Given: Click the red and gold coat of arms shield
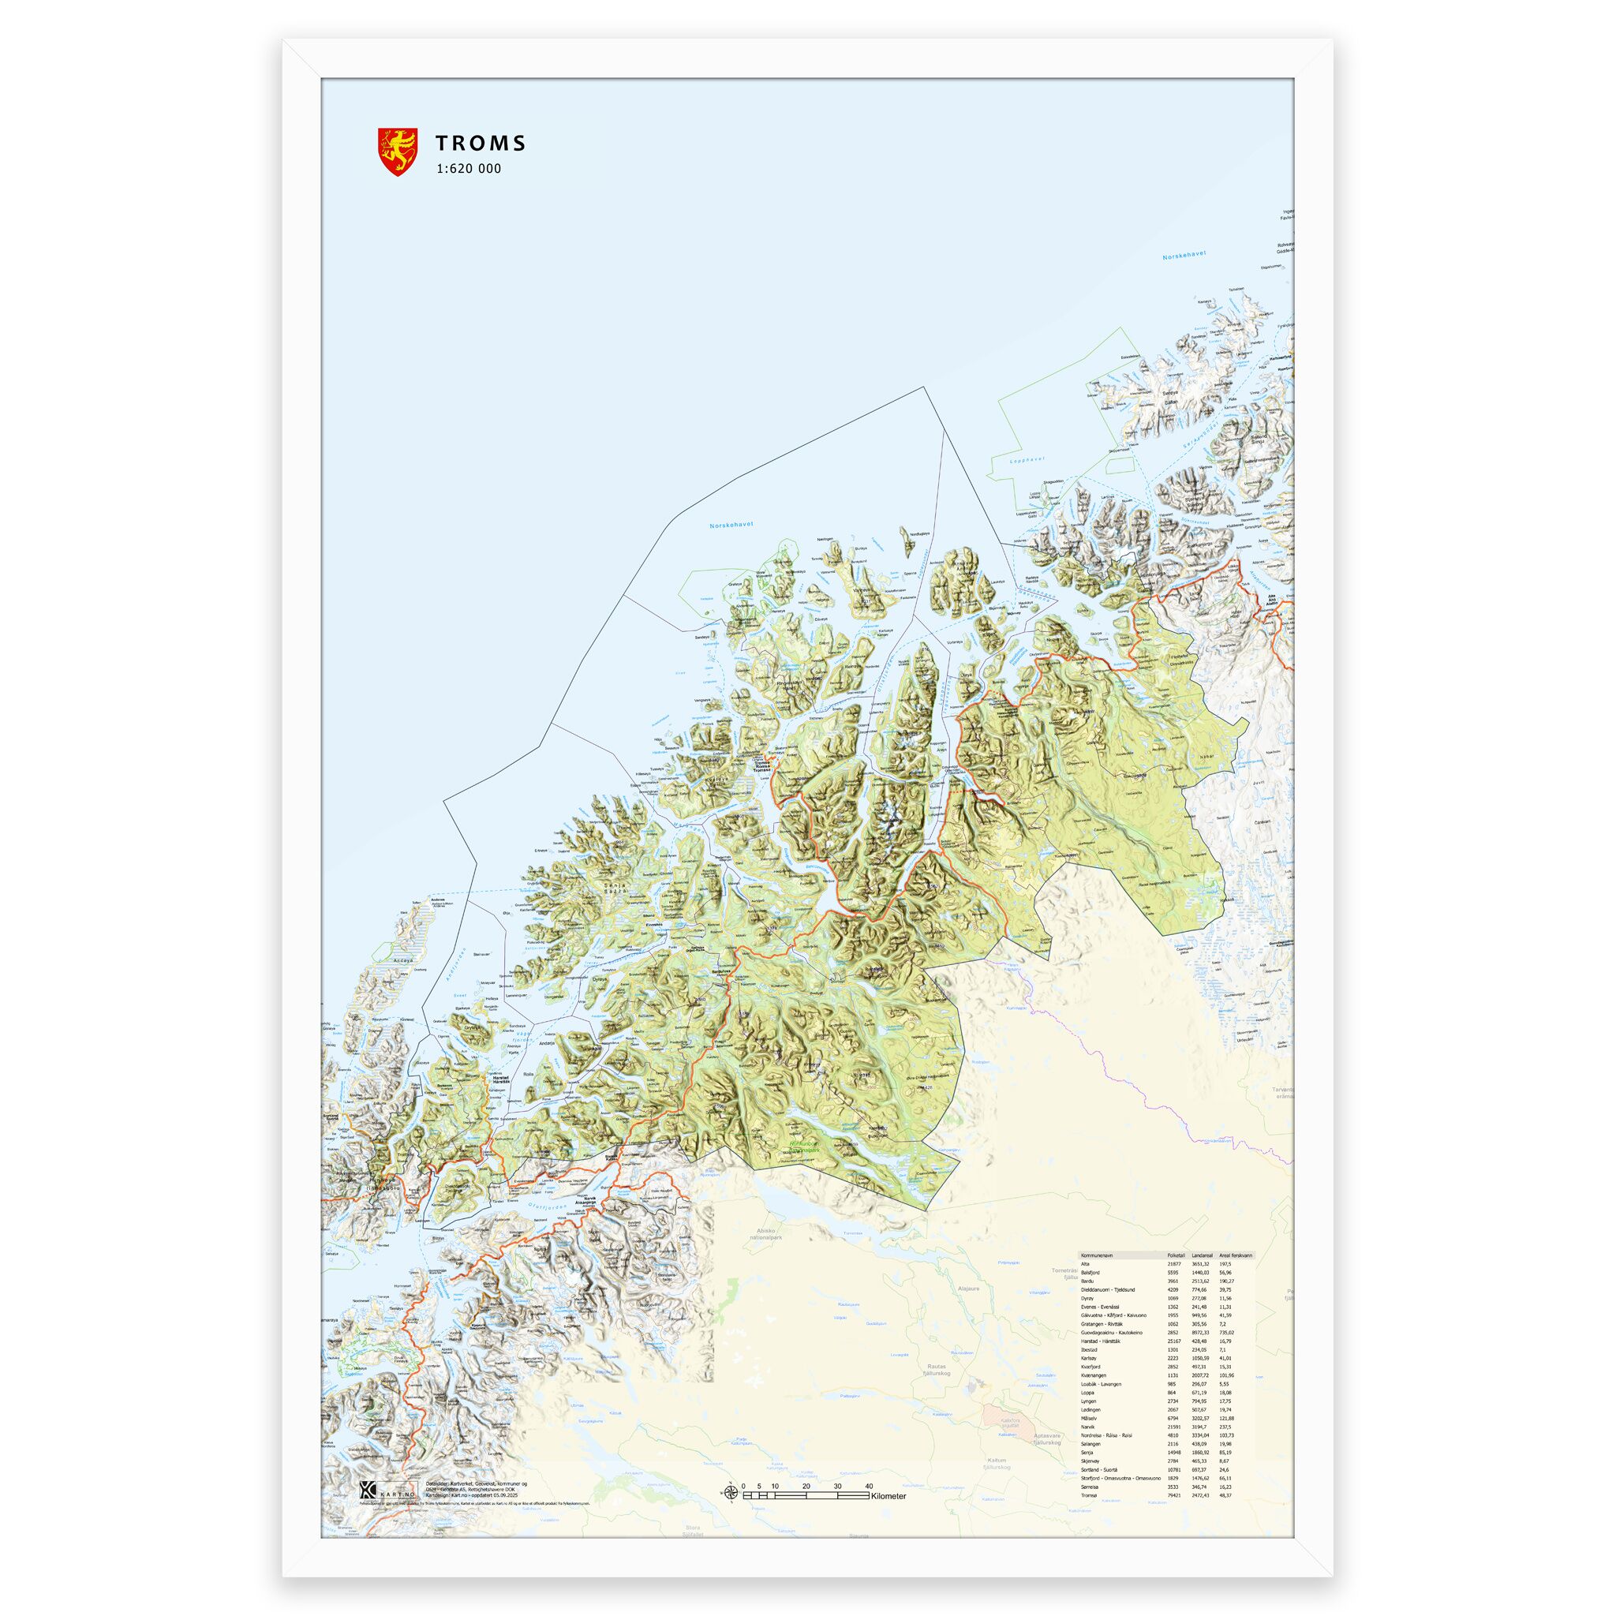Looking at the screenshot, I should pyautogui.click(x=398, y=151).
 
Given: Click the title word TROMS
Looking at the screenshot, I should pyautogui.click(x=480, y=143).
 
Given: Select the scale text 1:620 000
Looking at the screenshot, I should pyautogui.click(x=468, y=168).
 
